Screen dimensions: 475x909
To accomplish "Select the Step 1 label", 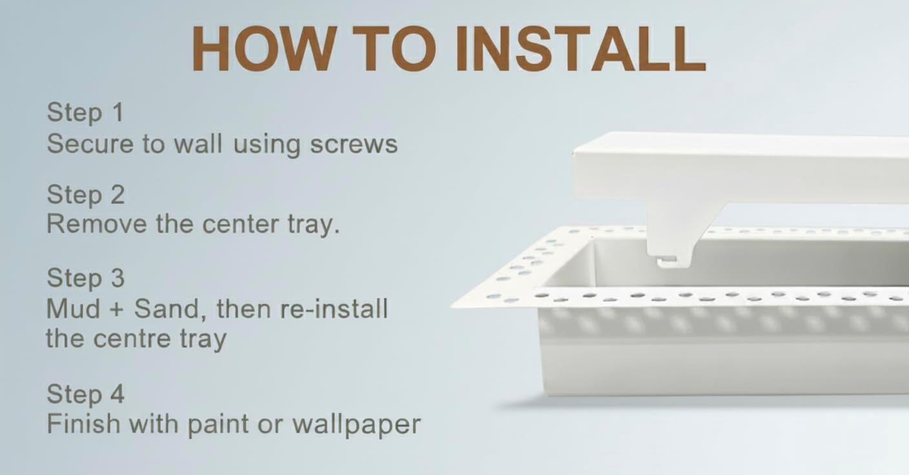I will (85, 113).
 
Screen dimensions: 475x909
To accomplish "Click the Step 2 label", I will (85, 195).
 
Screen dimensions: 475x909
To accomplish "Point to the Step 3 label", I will (85, 278).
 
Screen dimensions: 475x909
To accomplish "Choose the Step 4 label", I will (85, 394).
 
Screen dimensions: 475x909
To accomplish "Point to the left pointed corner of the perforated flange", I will (455, 304).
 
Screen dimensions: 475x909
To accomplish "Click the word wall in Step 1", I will (198, 144).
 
